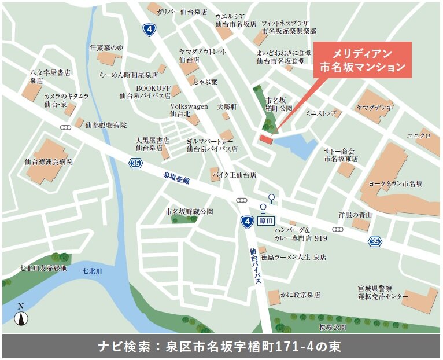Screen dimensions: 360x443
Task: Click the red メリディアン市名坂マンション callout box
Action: [x=362, y=60]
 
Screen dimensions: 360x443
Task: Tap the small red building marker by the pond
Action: [x=266, y=139]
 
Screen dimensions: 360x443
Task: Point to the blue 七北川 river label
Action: [x=92, y=270]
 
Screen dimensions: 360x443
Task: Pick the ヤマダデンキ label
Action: [x=374, y=108]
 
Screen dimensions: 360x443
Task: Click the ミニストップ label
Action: [x=320, y=113]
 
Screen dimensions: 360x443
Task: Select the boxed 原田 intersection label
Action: [x=265, y=221]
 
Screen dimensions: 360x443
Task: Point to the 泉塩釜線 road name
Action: [x=176, y=177]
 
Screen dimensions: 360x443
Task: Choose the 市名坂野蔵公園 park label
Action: [x=189, y=211]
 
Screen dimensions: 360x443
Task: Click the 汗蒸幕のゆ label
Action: [x=106, y=47]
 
